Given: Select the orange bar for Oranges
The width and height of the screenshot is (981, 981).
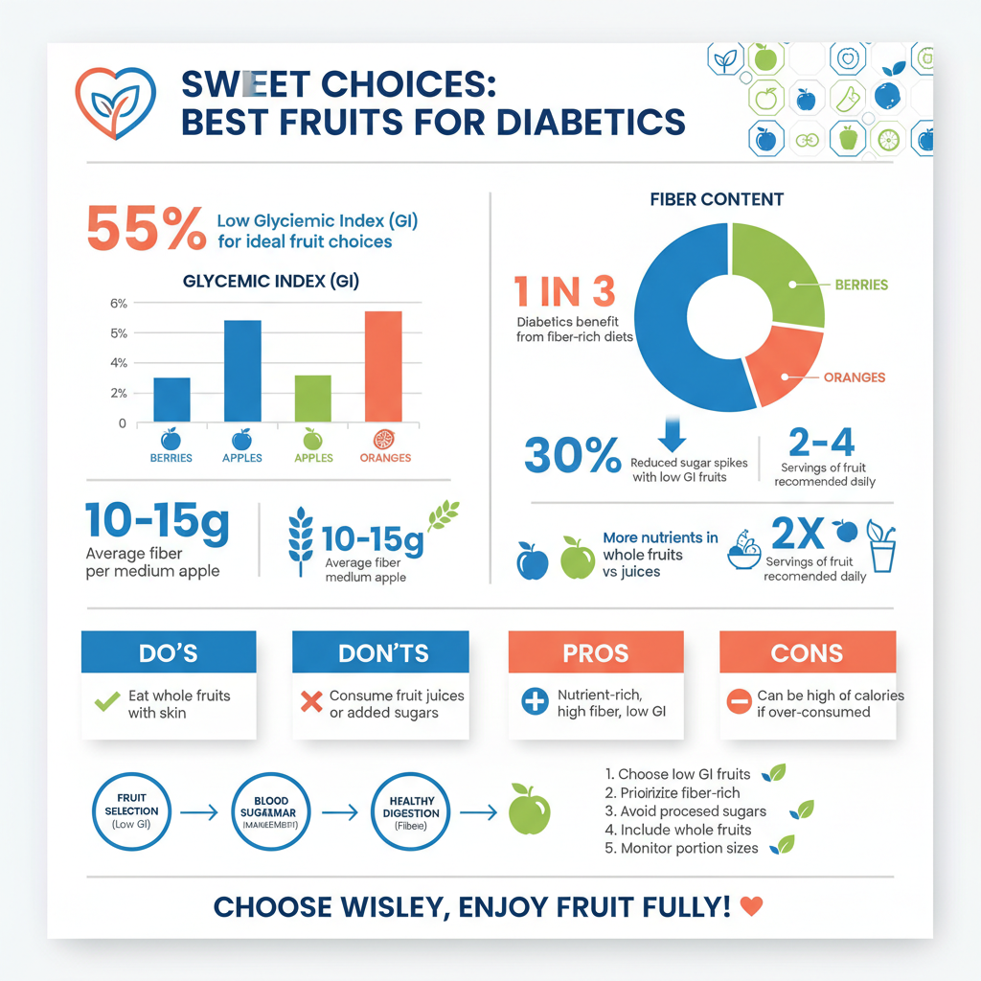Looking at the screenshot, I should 383,367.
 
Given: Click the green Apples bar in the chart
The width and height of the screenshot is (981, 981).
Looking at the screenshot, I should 312,399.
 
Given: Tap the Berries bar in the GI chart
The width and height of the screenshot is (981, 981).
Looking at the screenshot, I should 171,399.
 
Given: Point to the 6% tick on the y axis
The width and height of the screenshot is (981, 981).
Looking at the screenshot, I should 119,304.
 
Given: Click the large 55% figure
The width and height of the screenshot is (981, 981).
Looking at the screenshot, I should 145,230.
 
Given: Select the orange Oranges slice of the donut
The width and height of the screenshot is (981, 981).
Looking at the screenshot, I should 781,369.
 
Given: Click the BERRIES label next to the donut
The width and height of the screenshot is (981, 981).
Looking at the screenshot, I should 860,285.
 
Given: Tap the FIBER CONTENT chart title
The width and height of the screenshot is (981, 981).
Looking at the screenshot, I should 717,199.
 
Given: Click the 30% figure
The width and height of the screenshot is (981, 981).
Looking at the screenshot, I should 573,455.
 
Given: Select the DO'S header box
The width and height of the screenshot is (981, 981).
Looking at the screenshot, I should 169,652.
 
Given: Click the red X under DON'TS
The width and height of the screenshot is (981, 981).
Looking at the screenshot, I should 311,701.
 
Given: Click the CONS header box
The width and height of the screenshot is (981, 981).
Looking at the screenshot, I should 807,652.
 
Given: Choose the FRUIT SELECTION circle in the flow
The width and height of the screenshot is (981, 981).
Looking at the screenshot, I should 131,811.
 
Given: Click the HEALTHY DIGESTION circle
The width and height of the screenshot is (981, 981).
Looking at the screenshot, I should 412,811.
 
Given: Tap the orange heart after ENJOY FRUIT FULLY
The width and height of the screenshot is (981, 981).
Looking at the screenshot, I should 753,906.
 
